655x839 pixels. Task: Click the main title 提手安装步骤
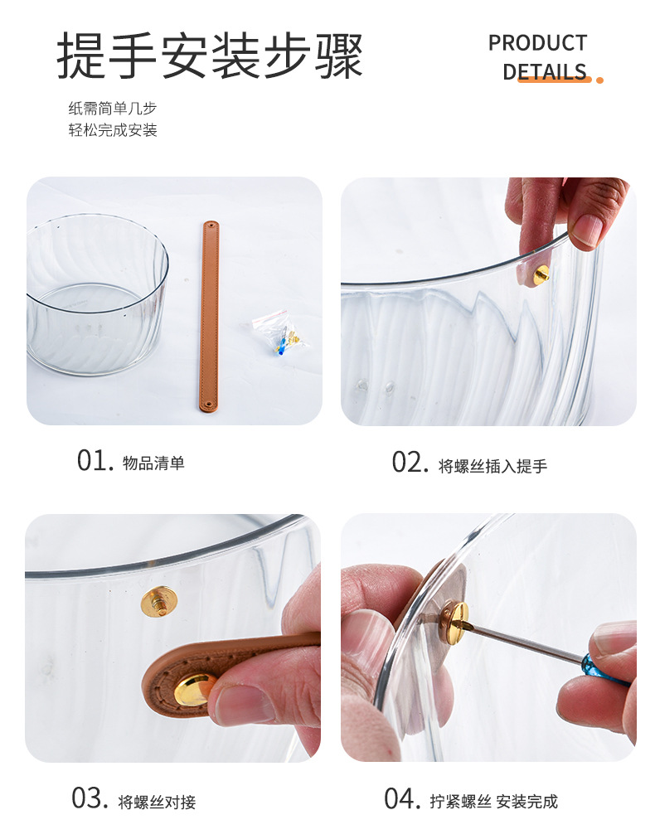(210, 57)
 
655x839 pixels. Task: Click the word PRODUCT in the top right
(537, 43)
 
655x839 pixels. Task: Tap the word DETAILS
(545, 71)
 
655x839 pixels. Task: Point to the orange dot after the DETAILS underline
(599, 80)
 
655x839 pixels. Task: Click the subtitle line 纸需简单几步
(112, 109)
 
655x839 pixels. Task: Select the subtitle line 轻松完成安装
(112, 130)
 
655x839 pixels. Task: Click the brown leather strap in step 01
(209, 315)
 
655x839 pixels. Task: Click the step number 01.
(94, 461)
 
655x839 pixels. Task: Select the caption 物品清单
(153, 463)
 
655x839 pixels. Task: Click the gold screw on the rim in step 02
(541, 274)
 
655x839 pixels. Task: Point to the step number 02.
(410, 463)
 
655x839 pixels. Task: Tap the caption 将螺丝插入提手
(492, 466)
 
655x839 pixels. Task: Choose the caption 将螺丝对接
(157, 802)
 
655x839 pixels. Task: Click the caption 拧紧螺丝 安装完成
(493, 802)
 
